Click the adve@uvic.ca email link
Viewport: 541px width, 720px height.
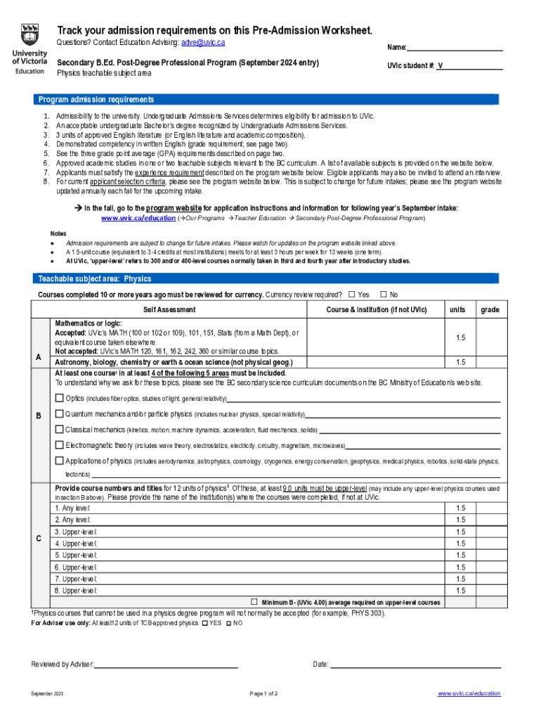coord(203,43)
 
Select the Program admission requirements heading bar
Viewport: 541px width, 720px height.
coord(96,100)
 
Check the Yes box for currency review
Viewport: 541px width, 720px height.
coord(351,294)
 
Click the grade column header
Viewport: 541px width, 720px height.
coord(490,309)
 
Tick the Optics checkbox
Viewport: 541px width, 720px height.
coord(60,398)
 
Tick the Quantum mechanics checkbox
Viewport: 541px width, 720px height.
coord(60,413)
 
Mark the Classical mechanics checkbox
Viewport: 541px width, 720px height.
coord(60,429)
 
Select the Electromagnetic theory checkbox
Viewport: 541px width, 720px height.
coord(60,445)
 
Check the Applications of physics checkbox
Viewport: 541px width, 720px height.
coord(60,461)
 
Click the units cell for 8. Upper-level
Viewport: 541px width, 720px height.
coord(460,591)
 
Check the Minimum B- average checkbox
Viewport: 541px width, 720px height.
coord(255,602)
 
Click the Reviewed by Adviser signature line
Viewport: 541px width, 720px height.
coord(167,664)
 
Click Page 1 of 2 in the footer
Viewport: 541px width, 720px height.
coord(263,694)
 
